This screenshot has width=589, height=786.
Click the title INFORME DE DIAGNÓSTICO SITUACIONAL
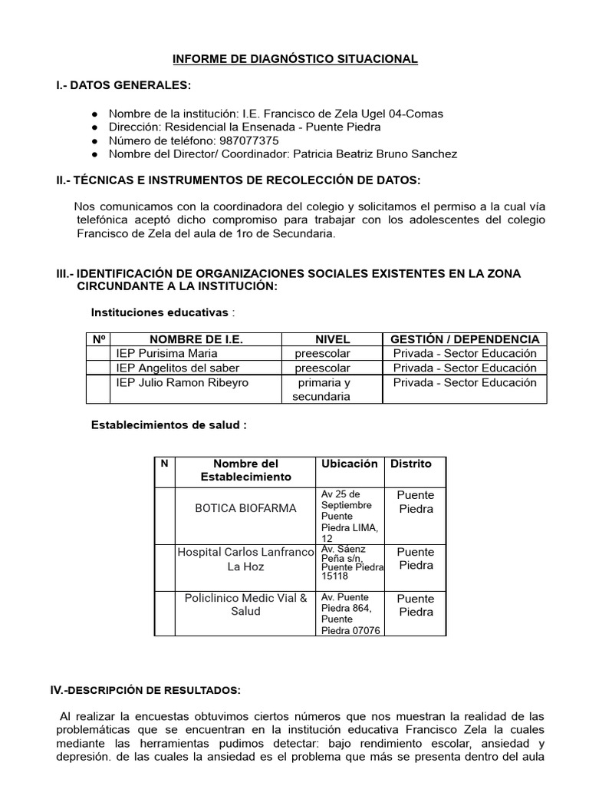pos(295,59)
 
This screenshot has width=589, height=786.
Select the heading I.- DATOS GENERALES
pos(123,85)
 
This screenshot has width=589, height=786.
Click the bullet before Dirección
pos(94,127)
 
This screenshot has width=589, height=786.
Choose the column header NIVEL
pos(332,339)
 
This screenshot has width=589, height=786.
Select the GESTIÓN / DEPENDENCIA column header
pos(465,339)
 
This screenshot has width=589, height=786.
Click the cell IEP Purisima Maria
pos(166,354)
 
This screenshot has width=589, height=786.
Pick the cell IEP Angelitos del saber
pos(177,368)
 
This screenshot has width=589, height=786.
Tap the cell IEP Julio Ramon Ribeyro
pos(182,382)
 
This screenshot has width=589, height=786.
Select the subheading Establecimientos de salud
pos(169,424)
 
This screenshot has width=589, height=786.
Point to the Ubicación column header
pos(349,464)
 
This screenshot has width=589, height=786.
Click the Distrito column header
pos(411,464)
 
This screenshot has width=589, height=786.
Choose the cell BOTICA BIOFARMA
pos(245,508)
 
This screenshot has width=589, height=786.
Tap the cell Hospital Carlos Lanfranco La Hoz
pos(245,559)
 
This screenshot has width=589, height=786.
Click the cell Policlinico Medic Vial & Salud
pos(245,604)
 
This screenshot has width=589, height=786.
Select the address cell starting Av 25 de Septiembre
pos(349,516)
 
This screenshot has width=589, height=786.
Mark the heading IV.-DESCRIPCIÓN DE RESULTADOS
pos(146,691)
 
